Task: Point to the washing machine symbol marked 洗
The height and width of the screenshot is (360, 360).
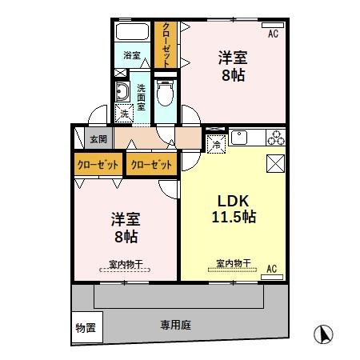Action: tap(125, 114)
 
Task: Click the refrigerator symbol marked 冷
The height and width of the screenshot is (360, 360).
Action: tap(216, 144)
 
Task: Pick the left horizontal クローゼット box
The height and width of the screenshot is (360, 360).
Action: tap(98, 165)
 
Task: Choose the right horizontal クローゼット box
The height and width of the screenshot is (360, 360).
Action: tap(150, 165)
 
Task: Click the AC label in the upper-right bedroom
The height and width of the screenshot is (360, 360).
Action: tap(273, 34)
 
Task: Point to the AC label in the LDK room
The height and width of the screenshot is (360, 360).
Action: tap(272, 268)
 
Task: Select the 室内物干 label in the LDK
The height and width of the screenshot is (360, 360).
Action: tap(232, 263)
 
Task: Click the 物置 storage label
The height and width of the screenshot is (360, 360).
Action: tap(85, 327)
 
